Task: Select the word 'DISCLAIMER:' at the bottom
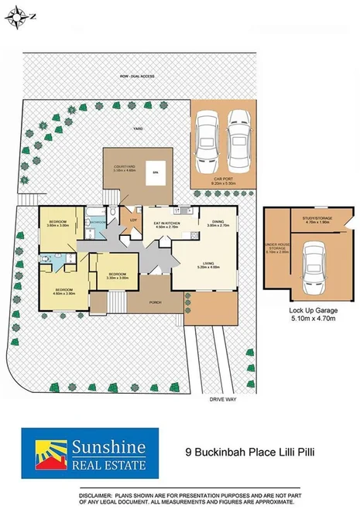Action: point(99,494)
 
